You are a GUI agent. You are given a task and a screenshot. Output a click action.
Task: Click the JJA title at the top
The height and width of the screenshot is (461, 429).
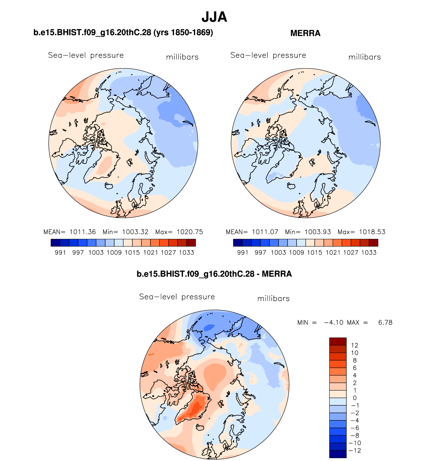click(x=214, y=17)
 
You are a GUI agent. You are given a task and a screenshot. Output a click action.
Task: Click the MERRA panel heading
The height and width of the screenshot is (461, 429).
click(x=305, y=33)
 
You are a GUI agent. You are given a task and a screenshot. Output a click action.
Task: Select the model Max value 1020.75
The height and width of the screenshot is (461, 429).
click(x=190, y=232)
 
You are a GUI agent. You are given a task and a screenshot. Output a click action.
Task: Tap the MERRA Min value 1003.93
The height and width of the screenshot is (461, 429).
click(x=318, y=232)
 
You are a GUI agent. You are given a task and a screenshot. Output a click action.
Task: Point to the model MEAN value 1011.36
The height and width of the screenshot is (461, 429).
click(x=83, y=232)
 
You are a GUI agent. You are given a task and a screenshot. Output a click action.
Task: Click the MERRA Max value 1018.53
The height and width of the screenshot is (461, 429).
click(x=372, y=232)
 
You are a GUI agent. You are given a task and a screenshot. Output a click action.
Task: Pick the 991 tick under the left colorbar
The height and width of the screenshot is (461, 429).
click(x=60, y=252)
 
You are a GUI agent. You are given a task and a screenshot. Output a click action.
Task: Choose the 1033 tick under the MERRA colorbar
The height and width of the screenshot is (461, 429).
click(x=369, y=252)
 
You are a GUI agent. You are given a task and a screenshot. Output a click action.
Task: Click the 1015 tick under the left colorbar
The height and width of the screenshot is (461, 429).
click(x=132, y=252)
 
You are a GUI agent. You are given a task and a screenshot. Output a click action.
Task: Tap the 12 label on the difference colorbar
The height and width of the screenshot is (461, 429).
click(x=354, y=345)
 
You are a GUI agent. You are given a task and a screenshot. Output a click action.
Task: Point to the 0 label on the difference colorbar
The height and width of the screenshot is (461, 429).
click(x=354, y=398)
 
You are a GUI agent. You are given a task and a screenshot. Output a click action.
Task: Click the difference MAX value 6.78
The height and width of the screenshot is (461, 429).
click(x=385, y=322)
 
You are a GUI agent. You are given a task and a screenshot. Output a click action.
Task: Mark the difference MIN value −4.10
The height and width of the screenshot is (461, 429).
click(x=334, y=322)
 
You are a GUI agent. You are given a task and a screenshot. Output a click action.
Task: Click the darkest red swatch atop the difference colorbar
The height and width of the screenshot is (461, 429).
click(x=338, y=341)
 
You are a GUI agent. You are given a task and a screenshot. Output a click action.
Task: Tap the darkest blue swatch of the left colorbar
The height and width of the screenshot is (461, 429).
click(x=55, y=243)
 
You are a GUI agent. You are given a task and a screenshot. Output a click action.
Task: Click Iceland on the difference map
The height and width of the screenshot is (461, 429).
click(x=200, y=427)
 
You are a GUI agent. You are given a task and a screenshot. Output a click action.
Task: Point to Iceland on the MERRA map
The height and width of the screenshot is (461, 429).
click(x=292, y=186)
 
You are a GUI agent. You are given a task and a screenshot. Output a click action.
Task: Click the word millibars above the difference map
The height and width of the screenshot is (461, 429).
click(x=273, y=299)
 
